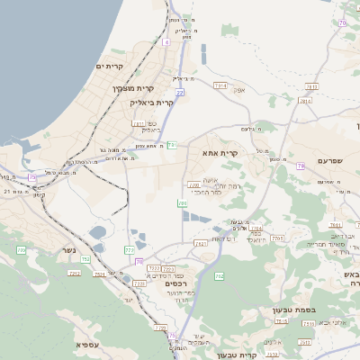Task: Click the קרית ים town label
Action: tap(109, 67)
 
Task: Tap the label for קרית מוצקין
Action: tap(134, 88)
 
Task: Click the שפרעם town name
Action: tap(331, 160)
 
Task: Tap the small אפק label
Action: tap(238, 91)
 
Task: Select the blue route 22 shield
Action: tap(180, 93)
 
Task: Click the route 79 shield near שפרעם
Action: tap(300, 166)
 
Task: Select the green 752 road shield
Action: tap(85, 259)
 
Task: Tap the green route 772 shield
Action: tap(130, 249)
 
